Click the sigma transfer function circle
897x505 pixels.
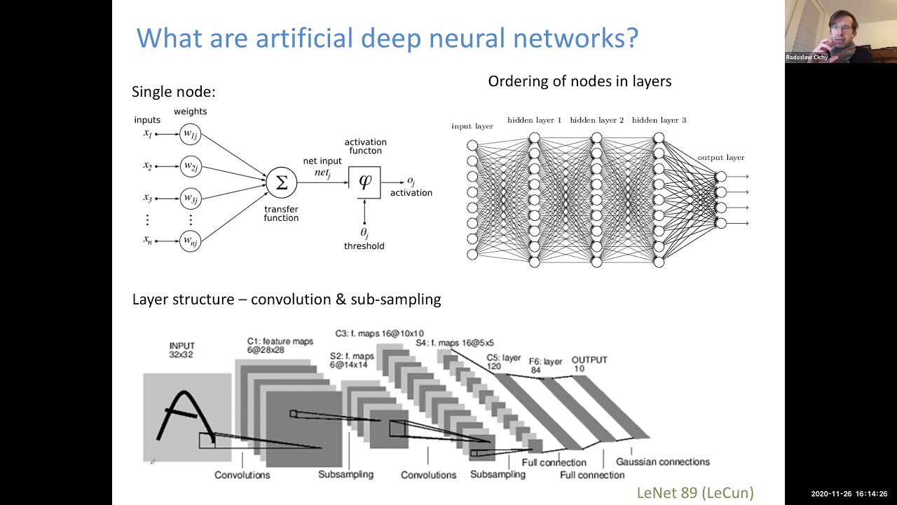click(281, 182)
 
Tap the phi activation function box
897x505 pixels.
click(364, 182)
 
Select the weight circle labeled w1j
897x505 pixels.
click(190, 133)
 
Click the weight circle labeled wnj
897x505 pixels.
click(190, 241)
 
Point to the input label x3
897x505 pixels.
click(148, 198)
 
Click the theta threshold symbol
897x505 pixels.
click(364, 231)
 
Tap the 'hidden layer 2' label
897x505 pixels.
click(596, 120)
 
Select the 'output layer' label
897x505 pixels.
click(720, 158)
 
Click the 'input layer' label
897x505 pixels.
click(472, 126)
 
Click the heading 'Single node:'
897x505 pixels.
click(173, 92)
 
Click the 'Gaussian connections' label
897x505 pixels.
click(662, 462)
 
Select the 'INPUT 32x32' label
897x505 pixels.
click(182, 350)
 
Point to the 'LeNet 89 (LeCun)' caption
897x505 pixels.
click(694, 493)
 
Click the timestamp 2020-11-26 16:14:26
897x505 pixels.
click(849, 494)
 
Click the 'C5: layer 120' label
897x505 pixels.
click(504, 362)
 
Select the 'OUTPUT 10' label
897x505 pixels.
click(589, 364)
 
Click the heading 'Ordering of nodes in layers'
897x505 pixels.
click(580, 81)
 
